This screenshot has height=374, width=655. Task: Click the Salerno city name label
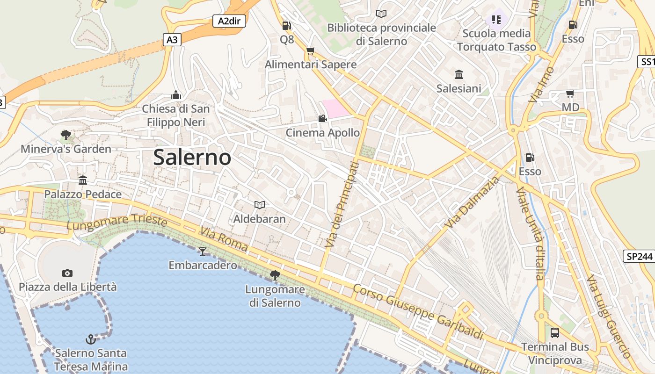click(192, 158)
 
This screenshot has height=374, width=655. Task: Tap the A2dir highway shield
click(229, 21)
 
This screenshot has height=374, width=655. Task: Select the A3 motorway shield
click(172, 40)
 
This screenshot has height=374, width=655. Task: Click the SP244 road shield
click(638, 256)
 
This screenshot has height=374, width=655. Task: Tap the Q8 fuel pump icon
click(286, 26)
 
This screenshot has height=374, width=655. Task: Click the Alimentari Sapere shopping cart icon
click(310, 50)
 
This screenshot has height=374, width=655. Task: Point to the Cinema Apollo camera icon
click(322, 119)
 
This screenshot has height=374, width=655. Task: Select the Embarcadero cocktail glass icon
click(202, 252)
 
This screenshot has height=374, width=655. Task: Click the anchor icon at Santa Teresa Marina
click(90, 338)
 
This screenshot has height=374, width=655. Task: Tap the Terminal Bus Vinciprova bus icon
click(555, 333)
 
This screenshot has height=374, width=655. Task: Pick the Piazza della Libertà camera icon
click(67, 273)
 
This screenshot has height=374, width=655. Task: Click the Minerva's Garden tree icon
click(66, 135)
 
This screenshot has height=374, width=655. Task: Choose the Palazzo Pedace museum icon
click(83, 180)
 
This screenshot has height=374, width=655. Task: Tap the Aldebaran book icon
click(259, 205)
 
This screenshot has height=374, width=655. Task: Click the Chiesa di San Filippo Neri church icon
click(176, 95)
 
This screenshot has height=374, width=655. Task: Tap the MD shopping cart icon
click(570, 93)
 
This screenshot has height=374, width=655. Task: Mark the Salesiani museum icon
click(458, 74)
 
